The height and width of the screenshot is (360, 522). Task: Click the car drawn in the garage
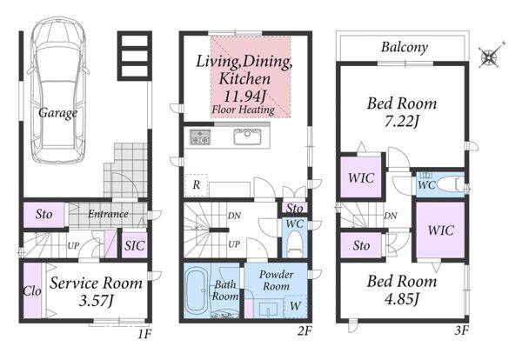[58, 90]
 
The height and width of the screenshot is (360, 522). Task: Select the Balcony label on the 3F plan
[405, 48]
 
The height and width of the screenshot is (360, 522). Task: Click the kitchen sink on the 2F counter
[247, 137]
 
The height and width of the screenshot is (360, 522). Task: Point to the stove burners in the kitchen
[200, 137]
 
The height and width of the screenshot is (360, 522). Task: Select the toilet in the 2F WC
[295, 245]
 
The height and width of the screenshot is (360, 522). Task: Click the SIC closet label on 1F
[135, 246]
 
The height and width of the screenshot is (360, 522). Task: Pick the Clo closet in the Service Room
[33, 290]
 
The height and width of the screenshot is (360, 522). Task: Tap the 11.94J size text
[244, 97]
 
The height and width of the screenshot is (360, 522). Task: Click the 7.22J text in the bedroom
[401, 122]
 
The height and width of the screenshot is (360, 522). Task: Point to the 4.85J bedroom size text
[401, 299]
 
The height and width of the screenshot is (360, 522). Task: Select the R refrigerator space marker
[197, 185]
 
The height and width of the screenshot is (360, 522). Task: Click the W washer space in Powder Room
[295, 306]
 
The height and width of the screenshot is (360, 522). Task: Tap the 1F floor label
[144, 333]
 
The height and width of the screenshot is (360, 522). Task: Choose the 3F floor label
[461, 330]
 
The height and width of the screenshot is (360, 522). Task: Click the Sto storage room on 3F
[361, 245]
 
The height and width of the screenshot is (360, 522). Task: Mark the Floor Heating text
[244, 110]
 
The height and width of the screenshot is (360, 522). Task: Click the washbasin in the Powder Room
[268, 310]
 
